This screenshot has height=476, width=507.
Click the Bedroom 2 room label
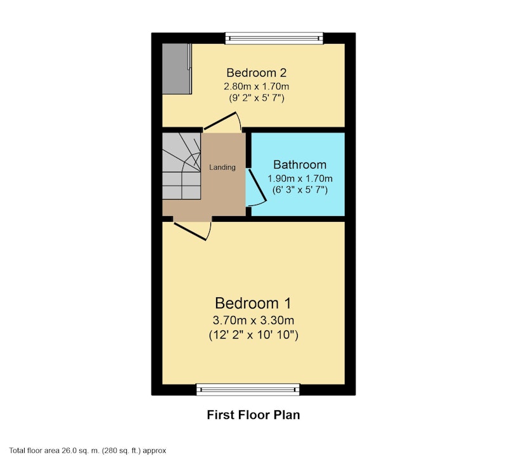[x=257, y=73]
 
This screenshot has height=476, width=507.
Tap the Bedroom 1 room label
[x=253, y=304]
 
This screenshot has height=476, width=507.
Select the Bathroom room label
[x=300, y=165]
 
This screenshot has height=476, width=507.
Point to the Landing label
[x=222, y=167]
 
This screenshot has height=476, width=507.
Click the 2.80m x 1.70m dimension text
[x=257, y=86]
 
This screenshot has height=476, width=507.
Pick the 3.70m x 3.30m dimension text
[x=253, y=320]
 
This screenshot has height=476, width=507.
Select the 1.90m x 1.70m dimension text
[x=300, y=179]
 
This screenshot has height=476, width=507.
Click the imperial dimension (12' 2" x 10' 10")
[x=253, y=335]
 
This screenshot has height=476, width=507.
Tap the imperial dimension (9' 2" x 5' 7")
[x=257, y=98]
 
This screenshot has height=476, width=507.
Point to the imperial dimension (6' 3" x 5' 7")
[x=300, y=190]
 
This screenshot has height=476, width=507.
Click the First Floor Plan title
[x=253, y=415]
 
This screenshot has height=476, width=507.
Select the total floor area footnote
[x=87, y=451]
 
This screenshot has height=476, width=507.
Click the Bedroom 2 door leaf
[x=219, y=121]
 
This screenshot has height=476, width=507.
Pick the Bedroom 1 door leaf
[x=189, y=231]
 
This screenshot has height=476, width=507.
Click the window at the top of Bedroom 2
[x=274, y=38]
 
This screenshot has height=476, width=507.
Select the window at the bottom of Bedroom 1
[x=248, y=389]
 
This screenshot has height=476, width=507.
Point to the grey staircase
[x=181, y=166]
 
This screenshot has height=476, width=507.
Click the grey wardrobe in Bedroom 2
[x=177, y=69]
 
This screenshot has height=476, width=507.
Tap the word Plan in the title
[x=287, y=415]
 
